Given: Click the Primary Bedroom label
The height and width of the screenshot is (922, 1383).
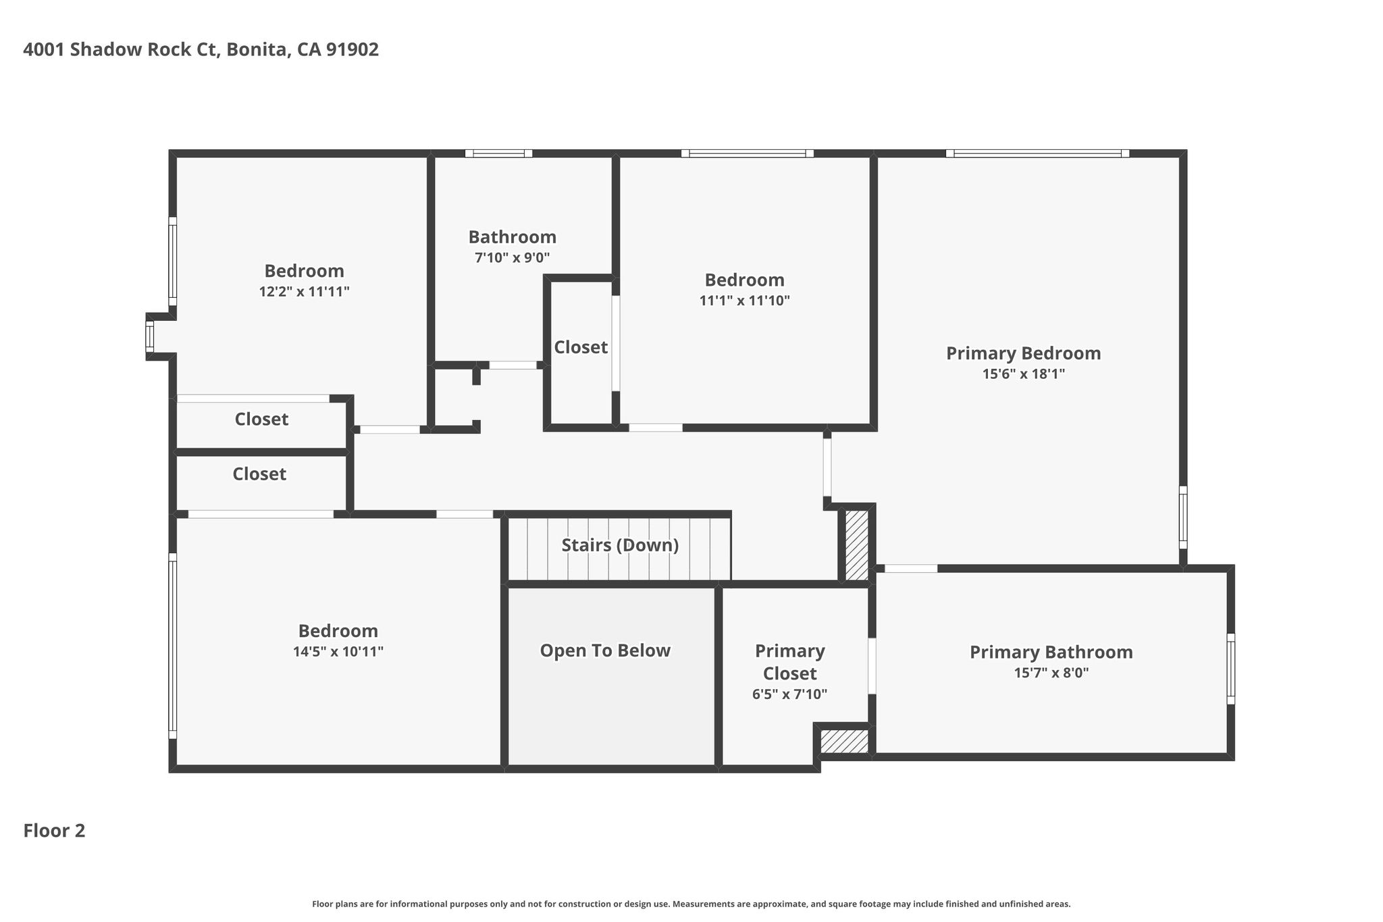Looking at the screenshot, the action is click(1023, 353).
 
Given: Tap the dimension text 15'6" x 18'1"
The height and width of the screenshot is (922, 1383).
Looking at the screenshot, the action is click(1023, 374).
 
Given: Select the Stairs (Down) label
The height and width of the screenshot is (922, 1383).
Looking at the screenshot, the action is click(620, 545).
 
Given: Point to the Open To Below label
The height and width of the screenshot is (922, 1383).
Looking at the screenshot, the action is click(605, 650).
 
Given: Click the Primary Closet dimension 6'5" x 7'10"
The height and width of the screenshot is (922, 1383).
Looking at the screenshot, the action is click(789, 694).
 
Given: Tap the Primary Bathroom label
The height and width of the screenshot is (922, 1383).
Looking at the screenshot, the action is click(1051, 652).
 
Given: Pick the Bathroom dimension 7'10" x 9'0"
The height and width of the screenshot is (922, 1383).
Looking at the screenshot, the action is click(513, 257).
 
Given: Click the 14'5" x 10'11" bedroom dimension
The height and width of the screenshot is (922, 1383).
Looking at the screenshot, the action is click(338, 652).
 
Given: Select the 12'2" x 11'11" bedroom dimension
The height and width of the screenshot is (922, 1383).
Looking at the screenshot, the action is click(304, 292).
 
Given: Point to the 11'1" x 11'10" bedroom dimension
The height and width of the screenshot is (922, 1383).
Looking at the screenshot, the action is click(744, 301).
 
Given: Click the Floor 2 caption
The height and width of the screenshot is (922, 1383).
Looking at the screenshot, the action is click(54, 830).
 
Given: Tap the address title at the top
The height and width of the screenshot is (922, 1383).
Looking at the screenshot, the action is click(201, 49).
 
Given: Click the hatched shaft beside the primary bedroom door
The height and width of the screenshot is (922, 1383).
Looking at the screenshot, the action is click(857, 545).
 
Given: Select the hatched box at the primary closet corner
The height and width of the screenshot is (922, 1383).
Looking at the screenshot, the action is click(844, 741).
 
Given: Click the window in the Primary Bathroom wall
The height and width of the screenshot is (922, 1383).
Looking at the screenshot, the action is click(1230, 669).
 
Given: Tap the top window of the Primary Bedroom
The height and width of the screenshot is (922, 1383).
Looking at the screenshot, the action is click(1037, 153).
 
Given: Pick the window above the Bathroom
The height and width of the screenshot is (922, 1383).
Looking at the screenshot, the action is click(499, 153).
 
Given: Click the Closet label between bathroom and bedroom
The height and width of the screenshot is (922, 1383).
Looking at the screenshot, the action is click(581, 347).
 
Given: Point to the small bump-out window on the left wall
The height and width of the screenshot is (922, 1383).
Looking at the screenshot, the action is click(150, 336).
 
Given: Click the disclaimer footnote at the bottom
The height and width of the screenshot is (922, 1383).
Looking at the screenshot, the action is click(691, 904).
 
